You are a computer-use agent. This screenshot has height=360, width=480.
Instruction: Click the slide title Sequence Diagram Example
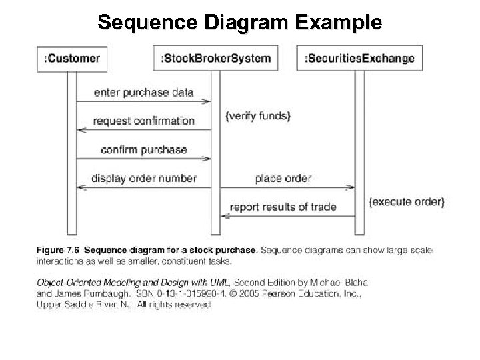(x=239, y=23)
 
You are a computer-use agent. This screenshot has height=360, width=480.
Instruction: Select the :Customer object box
(x=71, y=58)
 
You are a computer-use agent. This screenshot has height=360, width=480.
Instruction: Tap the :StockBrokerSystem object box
(x=215, y=58)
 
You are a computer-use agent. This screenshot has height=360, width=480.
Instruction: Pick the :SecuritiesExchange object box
(x=359, y=58)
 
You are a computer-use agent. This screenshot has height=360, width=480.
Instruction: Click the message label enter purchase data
(x=143, y=93)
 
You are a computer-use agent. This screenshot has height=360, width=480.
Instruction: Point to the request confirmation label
(x=143, y=121)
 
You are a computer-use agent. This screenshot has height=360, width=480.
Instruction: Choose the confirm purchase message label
(x=143, y=149)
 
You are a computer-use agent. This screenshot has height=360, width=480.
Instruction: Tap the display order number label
(x=143, y=178)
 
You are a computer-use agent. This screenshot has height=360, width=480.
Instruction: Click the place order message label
(x=283, y=178)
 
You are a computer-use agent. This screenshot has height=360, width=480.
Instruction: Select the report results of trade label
(x=283, y=207)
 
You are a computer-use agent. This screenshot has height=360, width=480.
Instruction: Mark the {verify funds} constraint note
(x=258, y=117)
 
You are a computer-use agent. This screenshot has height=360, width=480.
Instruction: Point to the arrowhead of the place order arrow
(x=351, y=187)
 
